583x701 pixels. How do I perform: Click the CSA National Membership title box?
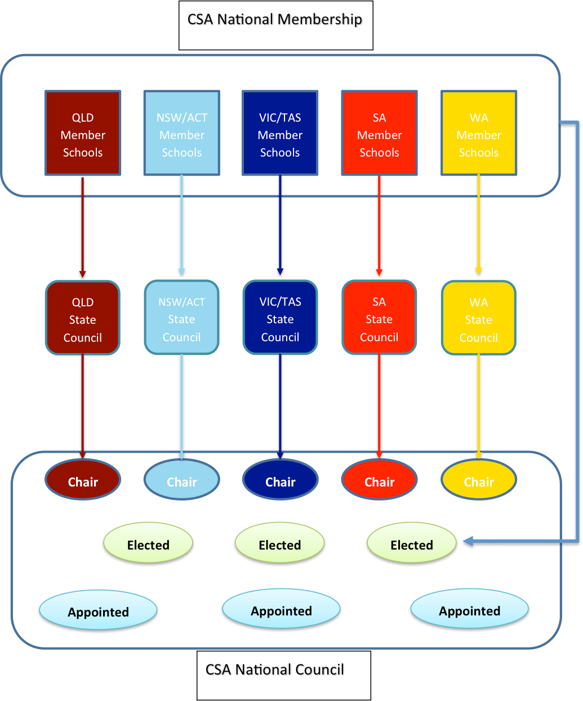275,25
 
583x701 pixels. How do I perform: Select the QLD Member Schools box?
83,133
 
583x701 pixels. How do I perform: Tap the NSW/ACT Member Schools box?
182,133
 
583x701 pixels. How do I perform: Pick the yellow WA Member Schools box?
479,133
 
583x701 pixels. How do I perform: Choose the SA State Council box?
379,318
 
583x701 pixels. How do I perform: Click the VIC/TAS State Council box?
280,318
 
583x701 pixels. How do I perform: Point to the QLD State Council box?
83,318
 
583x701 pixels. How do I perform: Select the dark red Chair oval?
83,479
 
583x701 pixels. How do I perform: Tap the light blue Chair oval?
182,479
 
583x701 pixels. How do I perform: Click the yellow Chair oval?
479,479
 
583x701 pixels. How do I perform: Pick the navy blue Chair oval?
280,479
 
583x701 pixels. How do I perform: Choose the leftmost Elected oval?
148,543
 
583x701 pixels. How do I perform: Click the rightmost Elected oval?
411,543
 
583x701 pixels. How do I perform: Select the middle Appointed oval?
281,608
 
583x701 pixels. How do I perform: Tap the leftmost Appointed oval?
98,610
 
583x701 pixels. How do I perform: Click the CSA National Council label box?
284,676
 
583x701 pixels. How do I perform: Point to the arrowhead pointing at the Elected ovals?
468,541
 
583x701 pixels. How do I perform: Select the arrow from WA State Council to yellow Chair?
479,407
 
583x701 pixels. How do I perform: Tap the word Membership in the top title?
320,20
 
